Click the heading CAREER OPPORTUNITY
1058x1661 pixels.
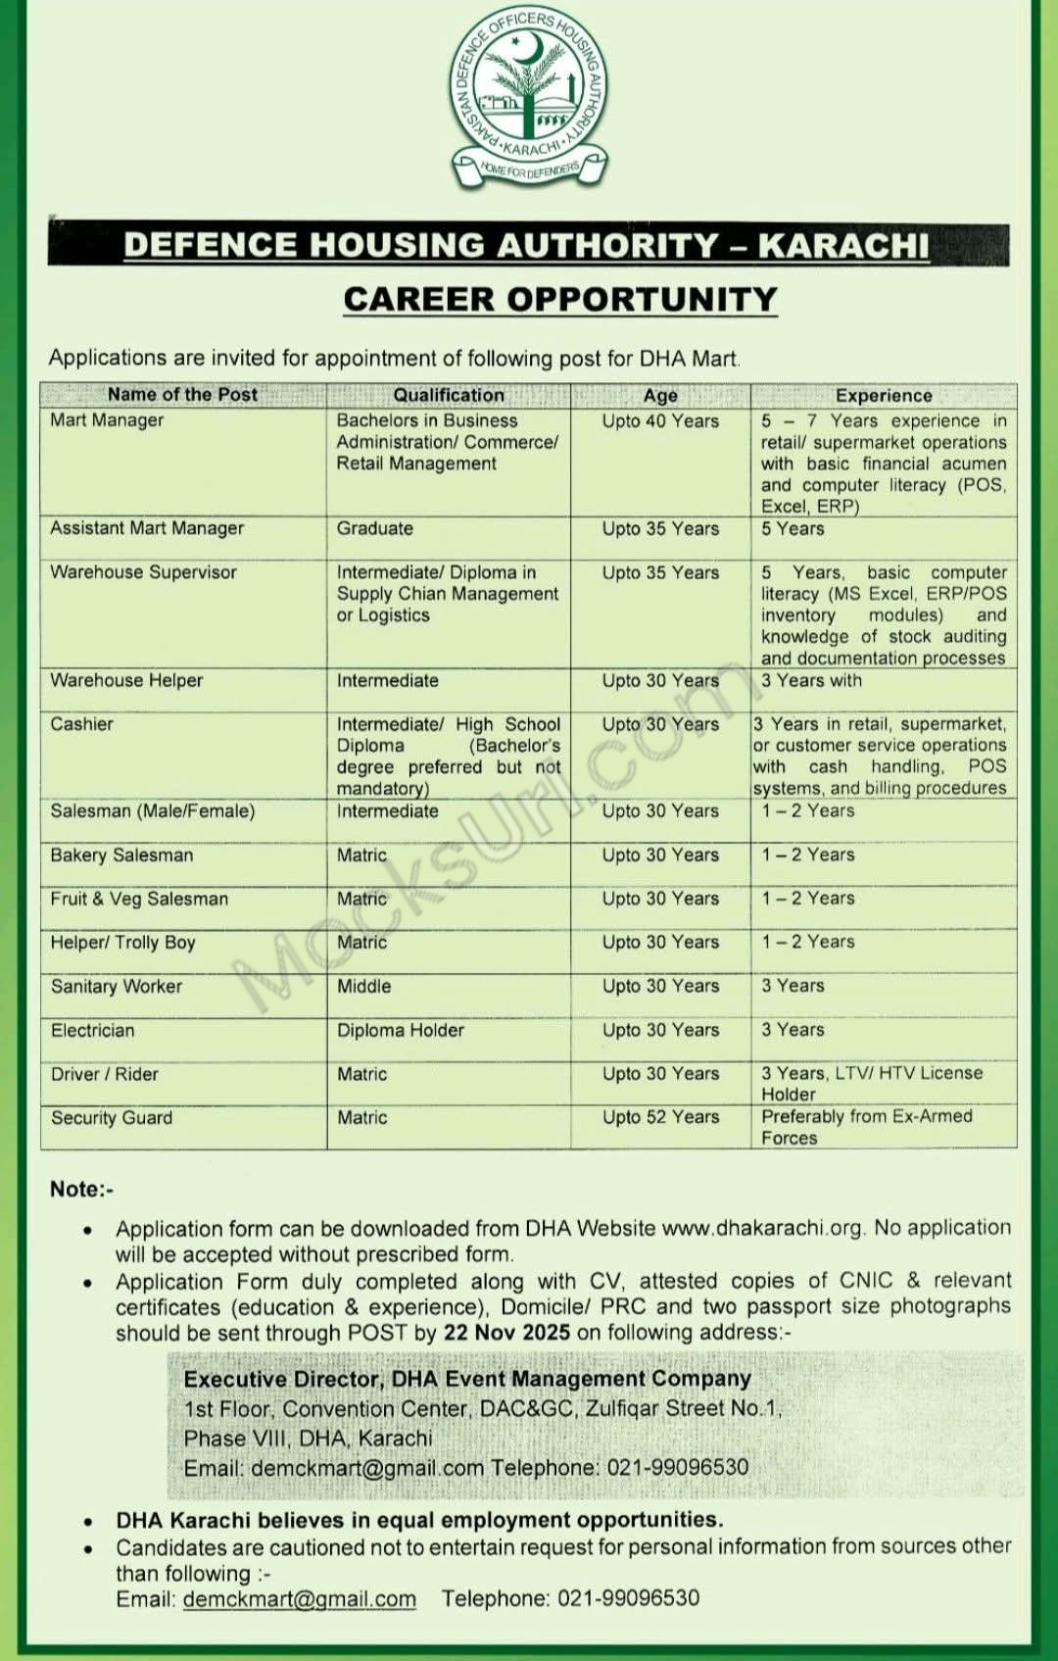560,300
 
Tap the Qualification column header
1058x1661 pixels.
449,395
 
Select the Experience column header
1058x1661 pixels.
883,396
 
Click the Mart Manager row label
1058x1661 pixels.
107,420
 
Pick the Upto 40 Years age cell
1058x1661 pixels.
660,421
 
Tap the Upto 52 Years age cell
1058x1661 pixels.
660,1117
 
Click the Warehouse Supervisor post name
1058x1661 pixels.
143,572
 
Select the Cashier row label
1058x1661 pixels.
81,724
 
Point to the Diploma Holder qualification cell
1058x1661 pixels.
400,1030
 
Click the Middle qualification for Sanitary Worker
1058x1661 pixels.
363,986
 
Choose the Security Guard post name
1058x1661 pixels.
111,1118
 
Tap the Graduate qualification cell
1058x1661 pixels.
374,528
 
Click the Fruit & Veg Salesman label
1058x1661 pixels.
139,899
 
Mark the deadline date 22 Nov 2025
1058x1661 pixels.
506,1333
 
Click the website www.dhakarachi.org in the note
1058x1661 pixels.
762,1228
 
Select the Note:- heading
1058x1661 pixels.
81,1190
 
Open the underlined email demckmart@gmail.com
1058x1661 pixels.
299,1599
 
